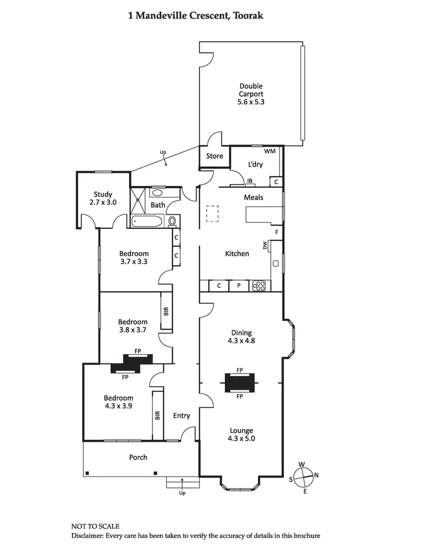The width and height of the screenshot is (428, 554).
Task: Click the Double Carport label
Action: click(251, 94)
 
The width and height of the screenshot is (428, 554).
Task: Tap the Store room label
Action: click(215, 156)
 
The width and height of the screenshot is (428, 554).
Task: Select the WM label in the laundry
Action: click(270, 151)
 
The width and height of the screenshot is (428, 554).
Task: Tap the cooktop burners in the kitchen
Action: click(260, 286)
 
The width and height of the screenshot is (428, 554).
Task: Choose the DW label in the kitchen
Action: click(265, 245)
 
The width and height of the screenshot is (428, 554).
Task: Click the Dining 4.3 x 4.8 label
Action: click(241, 337)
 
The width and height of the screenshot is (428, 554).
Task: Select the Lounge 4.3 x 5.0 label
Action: click(241, 435)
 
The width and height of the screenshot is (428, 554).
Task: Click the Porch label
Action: click(138, 457)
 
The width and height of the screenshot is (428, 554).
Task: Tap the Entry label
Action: click(181, 416)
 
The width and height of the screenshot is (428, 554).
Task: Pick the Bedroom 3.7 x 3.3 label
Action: click(134, 258)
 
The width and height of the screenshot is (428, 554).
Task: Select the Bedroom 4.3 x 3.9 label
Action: click(119, 402)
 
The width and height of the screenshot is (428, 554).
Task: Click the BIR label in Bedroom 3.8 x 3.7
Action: click(167, 312)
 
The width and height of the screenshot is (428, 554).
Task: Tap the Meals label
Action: click(253, 197)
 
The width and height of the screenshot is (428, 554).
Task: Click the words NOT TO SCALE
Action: click(95, 526)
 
